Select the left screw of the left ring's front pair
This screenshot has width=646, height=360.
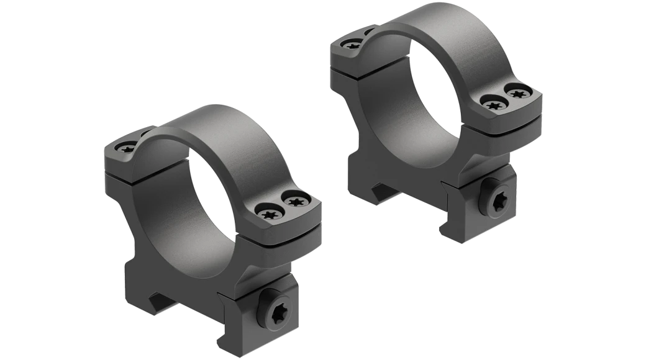(x=268, y=214)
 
